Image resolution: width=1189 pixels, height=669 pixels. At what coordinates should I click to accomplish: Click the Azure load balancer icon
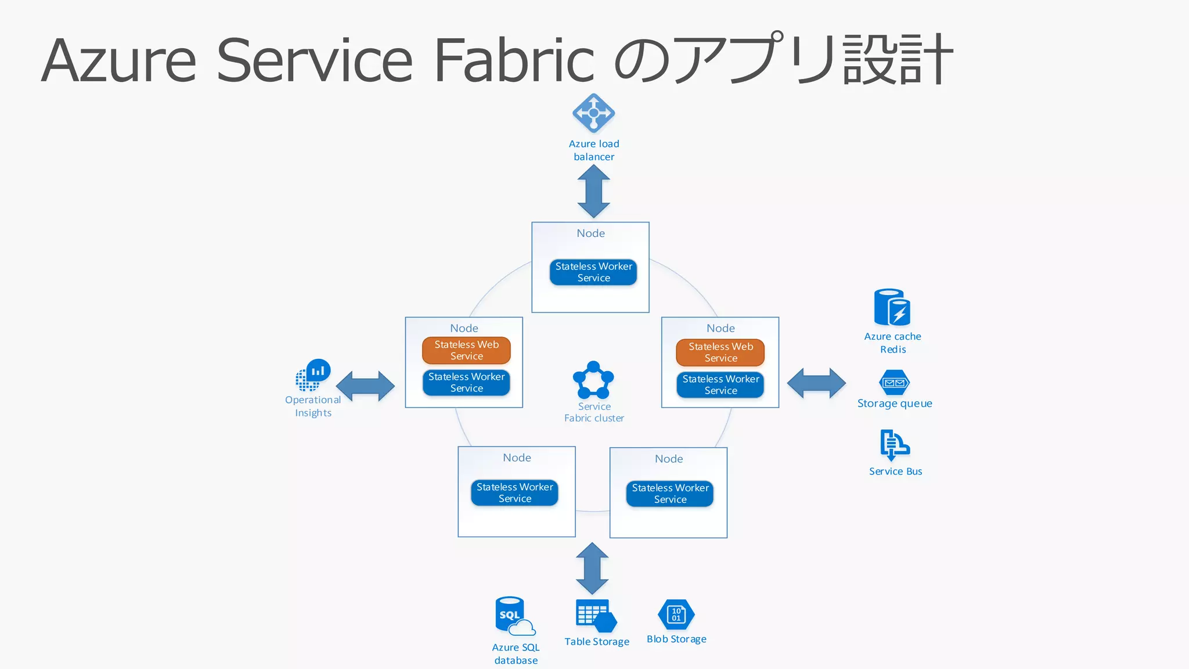pos(593,113)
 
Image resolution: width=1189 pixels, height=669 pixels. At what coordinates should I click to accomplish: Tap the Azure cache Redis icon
pos(892,308)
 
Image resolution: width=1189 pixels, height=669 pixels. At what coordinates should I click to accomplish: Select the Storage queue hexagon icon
pos(894,383)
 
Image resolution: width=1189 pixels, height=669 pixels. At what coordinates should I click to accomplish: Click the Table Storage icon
pos(596,616)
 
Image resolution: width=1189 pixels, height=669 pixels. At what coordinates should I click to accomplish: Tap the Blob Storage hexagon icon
pos(676,614)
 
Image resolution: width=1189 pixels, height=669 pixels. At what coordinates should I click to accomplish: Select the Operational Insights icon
pos(312,375)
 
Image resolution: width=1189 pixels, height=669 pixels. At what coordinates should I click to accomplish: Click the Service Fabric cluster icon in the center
pos(593,380)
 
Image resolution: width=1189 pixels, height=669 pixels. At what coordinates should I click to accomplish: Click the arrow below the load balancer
pos(593,191)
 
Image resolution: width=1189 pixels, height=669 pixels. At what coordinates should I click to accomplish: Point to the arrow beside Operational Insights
pos(365,386)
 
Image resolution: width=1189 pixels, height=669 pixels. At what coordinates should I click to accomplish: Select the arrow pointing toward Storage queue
pos(816,383)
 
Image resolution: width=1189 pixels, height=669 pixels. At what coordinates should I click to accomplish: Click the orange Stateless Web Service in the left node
pos(466,350)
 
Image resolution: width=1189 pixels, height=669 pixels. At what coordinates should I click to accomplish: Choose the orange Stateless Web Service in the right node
pos(720,353)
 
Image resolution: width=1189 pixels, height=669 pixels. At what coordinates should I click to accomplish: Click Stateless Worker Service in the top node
pos(593,272)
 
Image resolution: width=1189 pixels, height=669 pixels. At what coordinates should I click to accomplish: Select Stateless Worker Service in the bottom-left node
pos(514,492)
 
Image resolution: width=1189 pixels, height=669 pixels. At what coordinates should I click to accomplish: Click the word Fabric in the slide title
pos(514,60)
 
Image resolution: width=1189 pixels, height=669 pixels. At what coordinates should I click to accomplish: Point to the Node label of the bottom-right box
pos(669,459)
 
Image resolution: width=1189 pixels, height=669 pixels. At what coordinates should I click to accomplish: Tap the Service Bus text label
pos(895,472)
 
